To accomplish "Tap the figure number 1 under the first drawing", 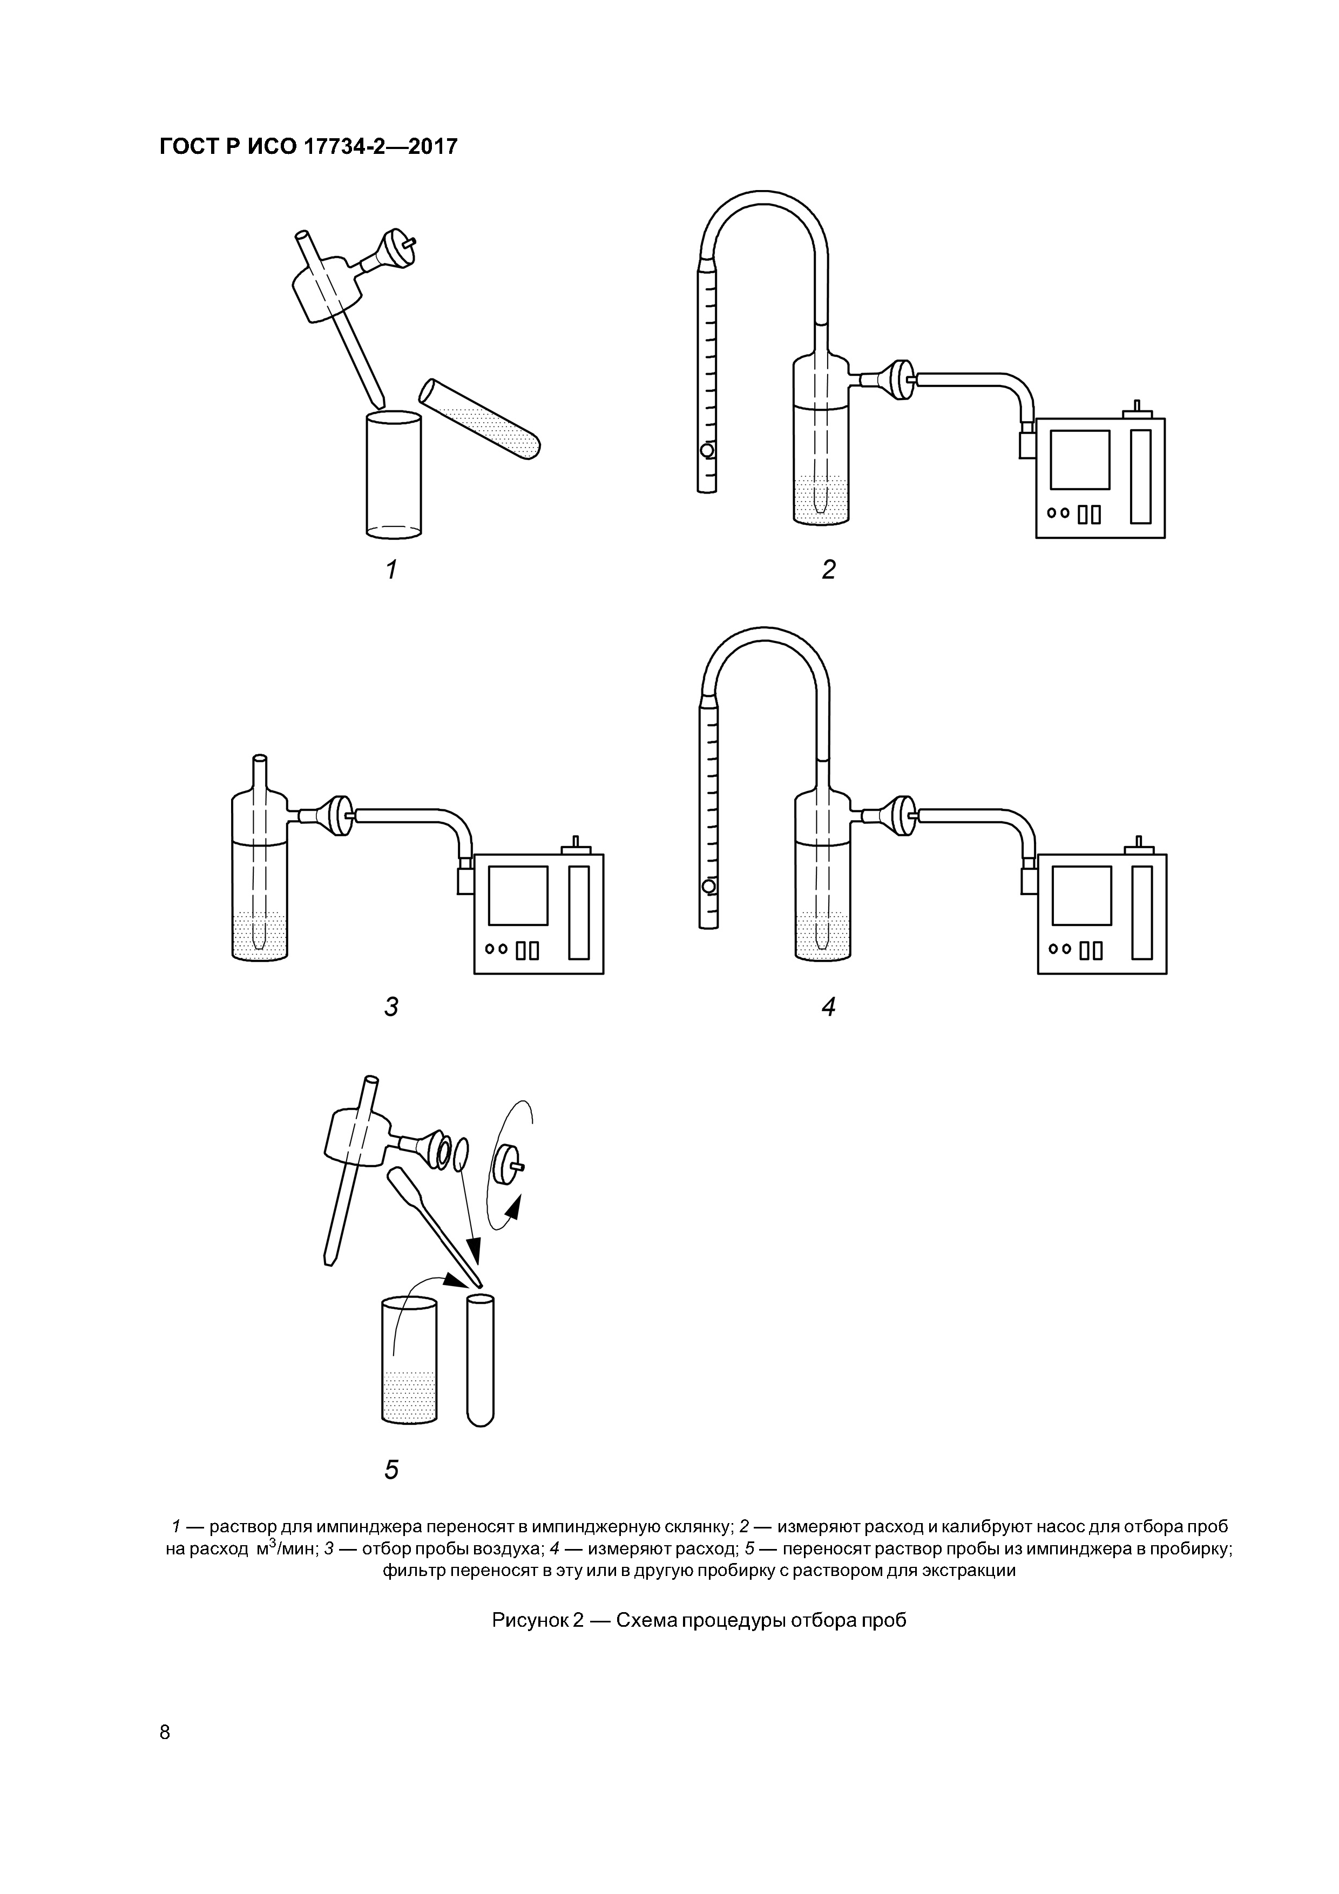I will (x=391, y=569).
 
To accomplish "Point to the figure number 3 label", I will (x=391, y=1006).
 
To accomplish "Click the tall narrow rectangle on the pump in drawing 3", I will (x=579, y=912).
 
